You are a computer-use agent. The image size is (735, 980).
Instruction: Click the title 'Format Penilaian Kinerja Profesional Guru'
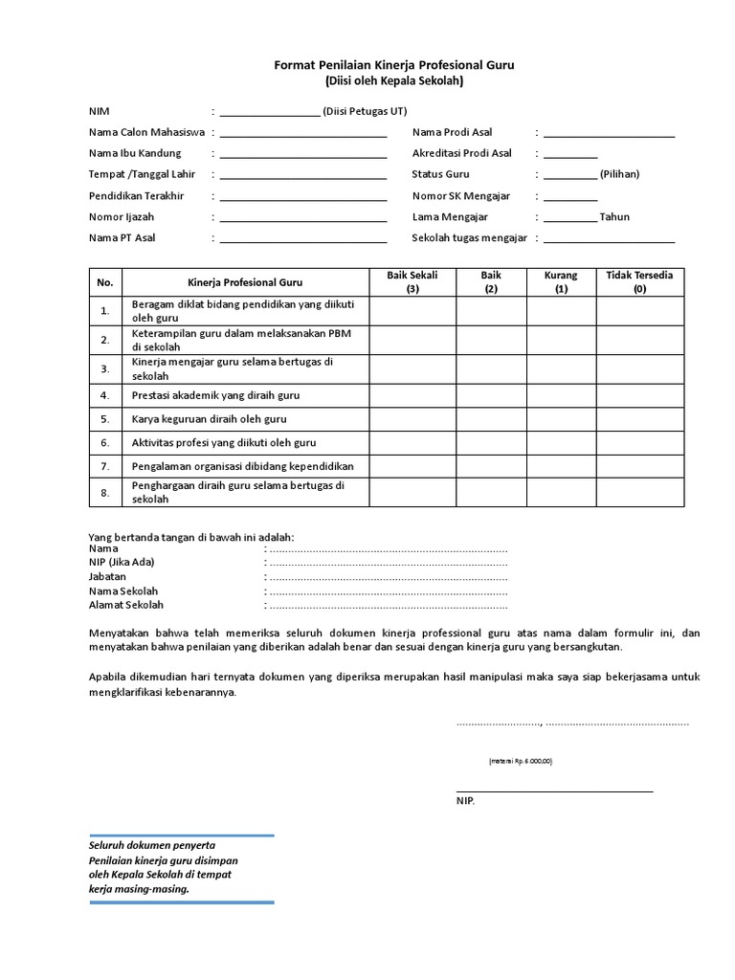point(394,65)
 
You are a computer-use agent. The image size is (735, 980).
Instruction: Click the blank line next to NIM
point(270,113)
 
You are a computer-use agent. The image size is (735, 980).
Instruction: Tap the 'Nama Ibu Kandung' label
point(135,153)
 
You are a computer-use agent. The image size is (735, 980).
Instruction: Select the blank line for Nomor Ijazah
point(302,218)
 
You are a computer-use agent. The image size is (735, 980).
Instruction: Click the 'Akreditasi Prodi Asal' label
point(462,153)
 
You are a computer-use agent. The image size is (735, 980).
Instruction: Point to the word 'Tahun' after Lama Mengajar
point(614,216)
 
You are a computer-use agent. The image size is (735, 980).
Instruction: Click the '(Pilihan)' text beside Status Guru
point(619,174)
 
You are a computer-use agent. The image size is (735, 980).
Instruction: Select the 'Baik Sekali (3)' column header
point(412,281)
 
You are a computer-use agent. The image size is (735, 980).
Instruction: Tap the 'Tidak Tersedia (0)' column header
point(639,281)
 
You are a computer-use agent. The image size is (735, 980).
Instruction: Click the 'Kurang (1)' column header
point(561,281)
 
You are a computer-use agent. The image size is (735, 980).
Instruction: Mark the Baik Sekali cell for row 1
point(412,311)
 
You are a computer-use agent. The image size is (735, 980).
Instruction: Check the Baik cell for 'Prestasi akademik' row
point(491,394)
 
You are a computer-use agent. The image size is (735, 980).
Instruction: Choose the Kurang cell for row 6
point(561,443)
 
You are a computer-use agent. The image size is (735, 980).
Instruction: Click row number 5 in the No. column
point(105,419)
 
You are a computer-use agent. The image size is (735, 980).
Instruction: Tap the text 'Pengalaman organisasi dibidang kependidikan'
point(243,466)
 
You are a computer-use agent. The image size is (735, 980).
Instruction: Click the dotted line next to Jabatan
point(388,578)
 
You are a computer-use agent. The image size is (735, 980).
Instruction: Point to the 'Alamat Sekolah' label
point(126,605)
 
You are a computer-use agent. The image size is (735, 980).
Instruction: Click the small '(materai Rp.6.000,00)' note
point(521,761)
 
